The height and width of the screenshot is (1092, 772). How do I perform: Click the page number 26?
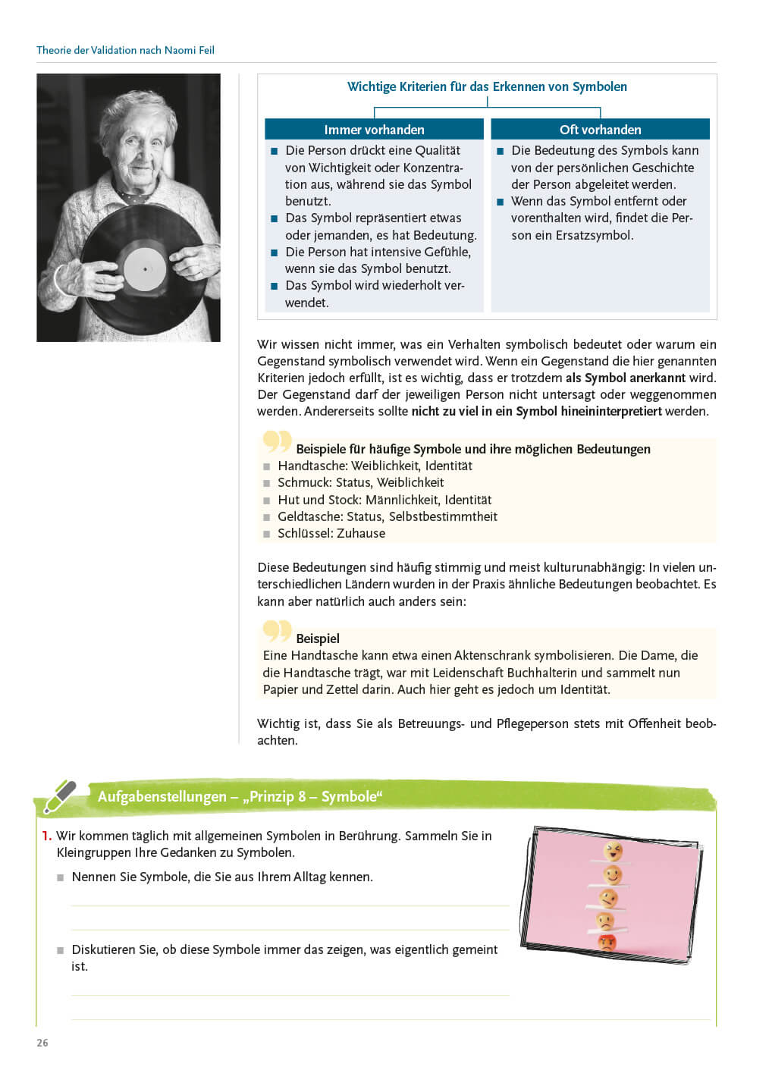42,1043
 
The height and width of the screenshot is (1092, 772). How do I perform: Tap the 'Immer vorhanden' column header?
374,130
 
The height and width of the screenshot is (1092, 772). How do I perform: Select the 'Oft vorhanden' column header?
600,130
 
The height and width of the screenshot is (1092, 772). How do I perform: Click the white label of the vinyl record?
145,268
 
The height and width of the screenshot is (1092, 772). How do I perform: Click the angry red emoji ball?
607,943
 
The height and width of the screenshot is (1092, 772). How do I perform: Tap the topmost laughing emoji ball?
612,851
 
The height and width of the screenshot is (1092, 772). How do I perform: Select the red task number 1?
46,836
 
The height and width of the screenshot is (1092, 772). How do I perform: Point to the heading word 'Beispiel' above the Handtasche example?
318,639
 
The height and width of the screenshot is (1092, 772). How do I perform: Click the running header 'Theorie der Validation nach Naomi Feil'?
125,50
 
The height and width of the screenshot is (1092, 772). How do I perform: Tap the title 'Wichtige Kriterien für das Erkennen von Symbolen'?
487,86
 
